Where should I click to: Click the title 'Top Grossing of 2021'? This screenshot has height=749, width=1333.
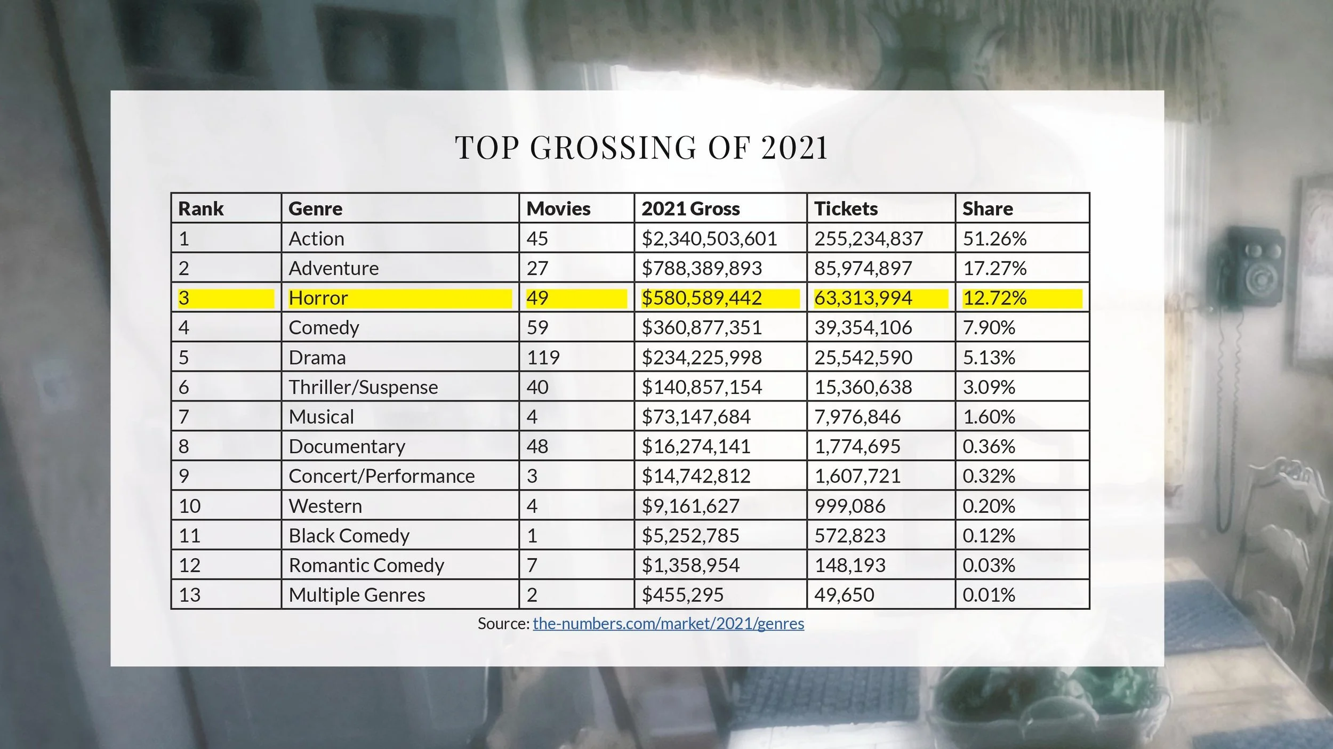tap(641, 147)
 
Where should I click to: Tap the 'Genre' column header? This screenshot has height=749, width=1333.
tap(315, 208)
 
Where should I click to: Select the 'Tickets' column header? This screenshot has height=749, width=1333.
tap(846, 208)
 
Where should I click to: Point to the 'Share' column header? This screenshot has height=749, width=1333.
tap(987, 208)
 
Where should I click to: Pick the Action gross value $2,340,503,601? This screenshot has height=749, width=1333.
tap(709, 238)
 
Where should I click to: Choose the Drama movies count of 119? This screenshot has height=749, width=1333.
tap(543, 357)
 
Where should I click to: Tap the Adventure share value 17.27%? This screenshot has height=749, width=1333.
tap(994, 268)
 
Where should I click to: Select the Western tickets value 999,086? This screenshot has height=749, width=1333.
tap(850, 506)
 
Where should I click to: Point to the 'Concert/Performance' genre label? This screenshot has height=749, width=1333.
tap(382, 476)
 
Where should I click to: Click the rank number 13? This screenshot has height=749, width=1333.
tap(189, 595)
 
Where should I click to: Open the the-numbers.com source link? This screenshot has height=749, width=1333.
tap(669, 623)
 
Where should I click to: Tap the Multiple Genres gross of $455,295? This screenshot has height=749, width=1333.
tap(682, 595)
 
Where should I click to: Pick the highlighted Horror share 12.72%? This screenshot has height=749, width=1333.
tap(994, 298)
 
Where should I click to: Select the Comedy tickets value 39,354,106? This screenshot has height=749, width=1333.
tap(863, 327)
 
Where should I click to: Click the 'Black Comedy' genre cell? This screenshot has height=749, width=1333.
tap(349, 536)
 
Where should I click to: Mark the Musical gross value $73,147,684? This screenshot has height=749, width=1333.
tap(696, 417)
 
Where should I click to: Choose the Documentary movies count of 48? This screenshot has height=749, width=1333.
tap(537, 446)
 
